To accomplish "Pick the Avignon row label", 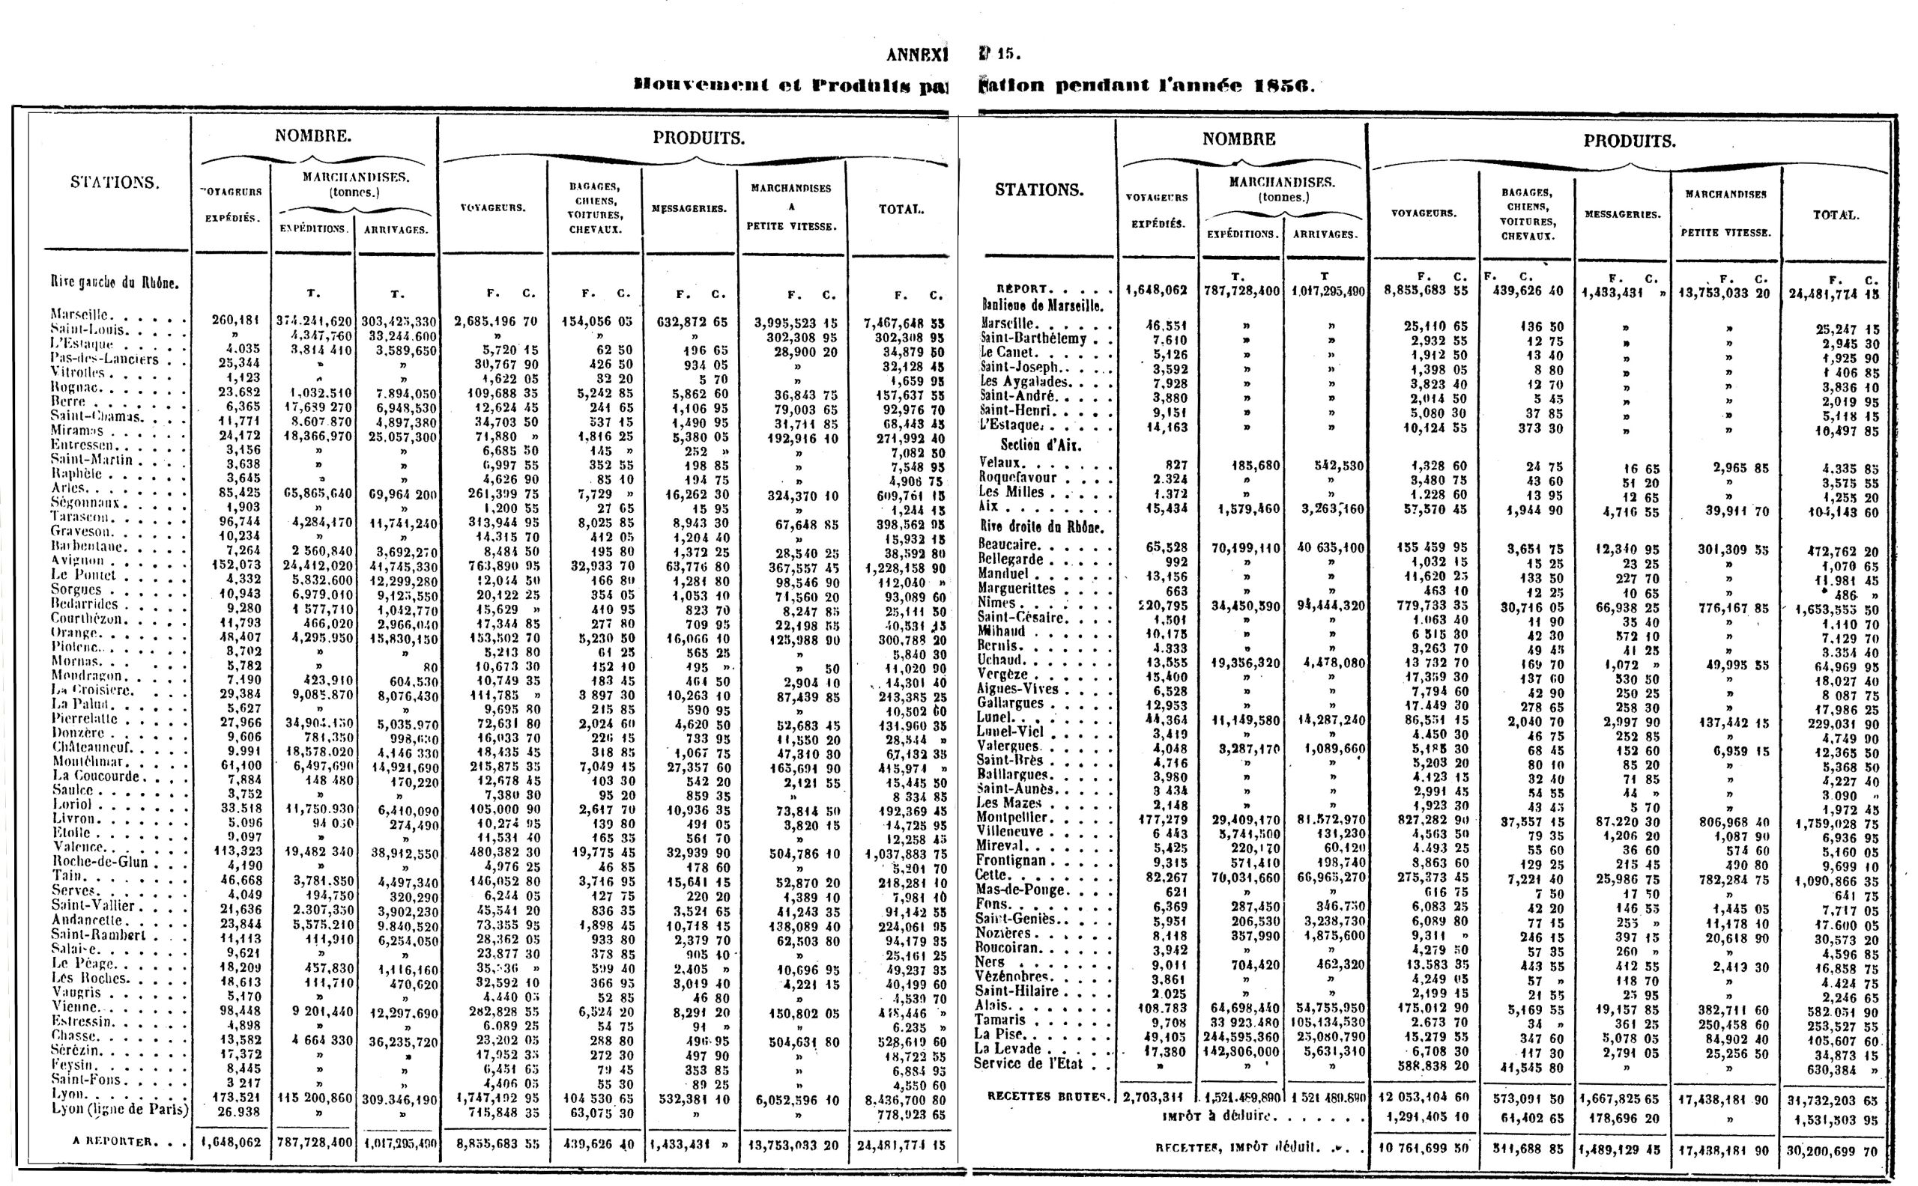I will tap(78, 561).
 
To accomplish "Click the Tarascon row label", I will tap(80, 517).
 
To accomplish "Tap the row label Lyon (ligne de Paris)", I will tap(120, 1109).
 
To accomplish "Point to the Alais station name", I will tap(993, 1006).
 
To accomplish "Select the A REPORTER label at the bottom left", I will tap(113, 1141).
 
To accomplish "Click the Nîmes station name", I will tap(996, 603).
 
